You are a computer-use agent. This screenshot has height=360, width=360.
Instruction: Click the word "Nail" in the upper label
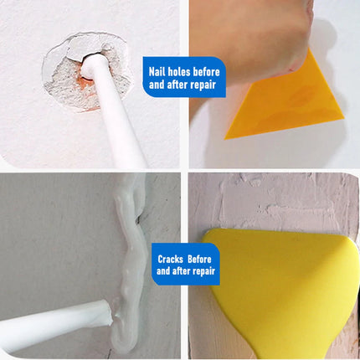click(155, 72)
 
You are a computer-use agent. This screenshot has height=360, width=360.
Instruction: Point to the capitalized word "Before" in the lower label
click(199, 260)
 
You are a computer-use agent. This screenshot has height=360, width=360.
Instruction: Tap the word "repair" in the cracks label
click(203, 271)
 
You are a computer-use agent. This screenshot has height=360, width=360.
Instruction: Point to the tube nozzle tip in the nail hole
click(90, 64)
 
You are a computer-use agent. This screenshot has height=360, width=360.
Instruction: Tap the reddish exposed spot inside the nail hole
click(86, 84)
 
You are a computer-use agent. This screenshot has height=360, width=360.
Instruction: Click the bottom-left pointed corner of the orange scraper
click(225, 138)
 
